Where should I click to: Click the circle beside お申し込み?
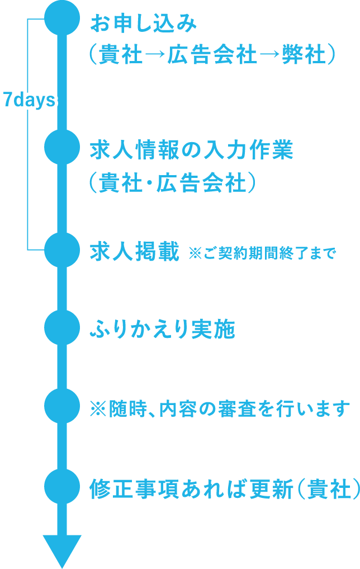(62, 18)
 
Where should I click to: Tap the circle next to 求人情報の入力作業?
(62, 148)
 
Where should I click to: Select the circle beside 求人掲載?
(62, 250)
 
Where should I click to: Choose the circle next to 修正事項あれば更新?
(62, 485)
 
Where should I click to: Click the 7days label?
(29, 101)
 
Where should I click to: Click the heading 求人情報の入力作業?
(192, 151)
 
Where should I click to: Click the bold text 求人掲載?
(135, 252)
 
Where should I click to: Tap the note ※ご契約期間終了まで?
(262, 253)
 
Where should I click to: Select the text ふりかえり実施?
(162, 330)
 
